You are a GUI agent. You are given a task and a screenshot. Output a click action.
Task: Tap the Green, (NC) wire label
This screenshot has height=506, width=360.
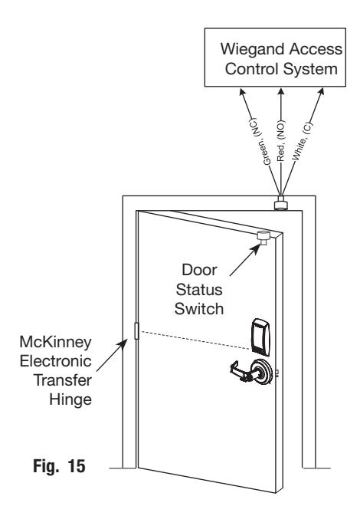(260, 142)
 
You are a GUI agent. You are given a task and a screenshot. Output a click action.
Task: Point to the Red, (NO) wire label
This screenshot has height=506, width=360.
(280, 141)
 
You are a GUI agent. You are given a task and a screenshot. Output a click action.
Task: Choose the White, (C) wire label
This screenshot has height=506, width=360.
(303, 141)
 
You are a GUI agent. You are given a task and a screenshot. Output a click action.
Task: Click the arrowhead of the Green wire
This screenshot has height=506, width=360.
(242, 93)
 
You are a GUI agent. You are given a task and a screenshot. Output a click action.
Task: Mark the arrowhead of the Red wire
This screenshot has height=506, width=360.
(281, 92)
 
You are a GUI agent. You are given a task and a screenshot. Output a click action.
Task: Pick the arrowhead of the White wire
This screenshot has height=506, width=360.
(320, 92)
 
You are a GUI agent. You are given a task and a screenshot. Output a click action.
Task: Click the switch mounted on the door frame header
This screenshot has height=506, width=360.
(281, 203)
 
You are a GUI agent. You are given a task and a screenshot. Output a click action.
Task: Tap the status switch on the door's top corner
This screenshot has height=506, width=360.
(263, 238)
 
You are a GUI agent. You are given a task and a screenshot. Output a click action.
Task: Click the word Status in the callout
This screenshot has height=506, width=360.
(199, 290)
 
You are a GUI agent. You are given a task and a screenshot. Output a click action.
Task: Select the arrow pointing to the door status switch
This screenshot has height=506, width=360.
(245, 260)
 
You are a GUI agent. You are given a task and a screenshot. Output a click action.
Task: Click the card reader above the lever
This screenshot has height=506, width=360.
(260, 337)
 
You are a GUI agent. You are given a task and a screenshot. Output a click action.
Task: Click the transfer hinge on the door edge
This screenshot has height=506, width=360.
(136, 330)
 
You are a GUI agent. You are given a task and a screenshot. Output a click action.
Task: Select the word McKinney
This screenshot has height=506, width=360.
(55, 342)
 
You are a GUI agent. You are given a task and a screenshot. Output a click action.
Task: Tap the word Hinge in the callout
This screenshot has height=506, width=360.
(70, 400)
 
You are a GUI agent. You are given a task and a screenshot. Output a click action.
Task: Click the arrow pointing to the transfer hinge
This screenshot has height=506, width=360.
(112, 355)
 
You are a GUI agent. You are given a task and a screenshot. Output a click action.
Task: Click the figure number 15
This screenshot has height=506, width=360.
(77, 466)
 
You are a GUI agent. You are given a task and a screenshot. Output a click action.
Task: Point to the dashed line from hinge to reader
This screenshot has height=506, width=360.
(195, 340)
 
